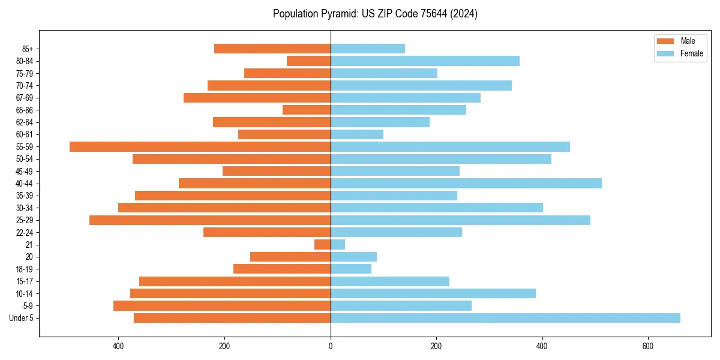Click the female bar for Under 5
point(505,318)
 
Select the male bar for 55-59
point(200,147)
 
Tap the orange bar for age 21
point(322,245)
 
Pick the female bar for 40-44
point(466,184)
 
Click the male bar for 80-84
point(308,61)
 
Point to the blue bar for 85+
point(368,49)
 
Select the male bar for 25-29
point(210,220)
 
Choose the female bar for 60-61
point(357,134)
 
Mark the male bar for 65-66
point(307,110)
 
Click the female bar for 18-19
point(351,269)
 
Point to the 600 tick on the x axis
point(648,346)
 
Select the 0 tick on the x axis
point(331,346)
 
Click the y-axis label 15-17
point(25,281)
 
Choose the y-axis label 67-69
point(25,98)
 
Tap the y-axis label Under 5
point(22,318)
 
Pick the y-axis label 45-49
point(25,171)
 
